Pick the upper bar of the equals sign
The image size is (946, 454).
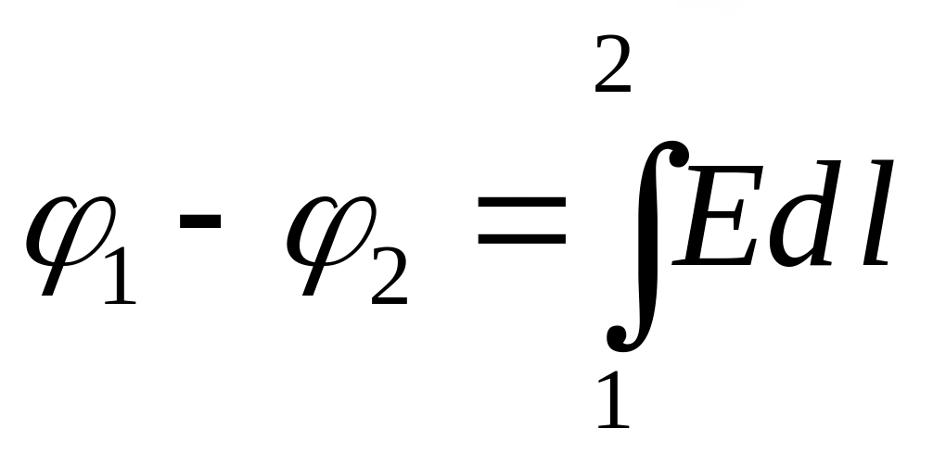tap(521, 205)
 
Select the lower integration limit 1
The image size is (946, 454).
tap(613, 400)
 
